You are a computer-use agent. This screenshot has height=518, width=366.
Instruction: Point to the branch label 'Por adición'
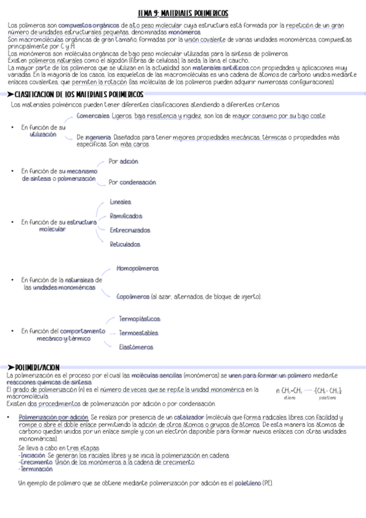click(123, 162)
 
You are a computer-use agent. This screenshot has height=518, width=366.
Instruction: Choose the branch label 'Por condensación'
click(132, 183)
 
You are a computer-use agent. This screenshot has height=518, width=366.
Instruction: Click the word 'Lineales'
click(120, 202)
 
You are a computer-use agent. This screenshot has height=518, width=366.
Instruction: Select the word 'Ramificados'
click(126, 216)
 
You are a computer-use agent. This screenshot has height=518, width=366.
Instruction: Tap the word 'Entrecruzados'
click(130, 230)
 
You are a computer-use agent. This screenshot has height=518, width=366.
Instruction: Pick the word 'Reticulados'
click(125, 244)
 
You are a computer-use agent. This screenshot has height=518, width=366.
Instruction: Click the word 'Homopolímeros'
click(137, 269)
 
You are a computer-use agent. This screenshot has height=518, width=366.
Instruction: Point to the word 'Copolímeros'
click(133, 297)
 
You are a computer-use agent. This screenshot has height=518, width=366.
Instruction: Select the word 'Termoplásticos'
click(139, 319)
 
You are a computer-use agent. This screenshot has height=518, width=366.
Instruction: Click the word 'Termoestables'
click(138, 334)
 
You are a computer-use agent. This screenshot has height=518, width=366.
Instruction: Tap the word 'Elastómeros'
click(136, 347)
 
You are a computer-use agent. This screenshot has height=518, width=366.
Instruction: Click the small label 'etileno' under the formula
click(289, 398)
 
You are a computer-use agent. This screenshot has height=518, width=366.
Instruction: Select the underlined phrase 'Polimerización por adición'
click(53, 417)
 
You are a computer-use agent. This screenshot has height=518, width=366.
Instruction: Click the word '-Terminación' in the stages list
click(35, 469)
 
